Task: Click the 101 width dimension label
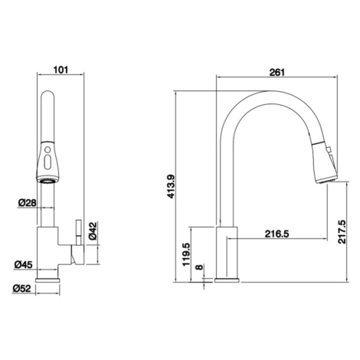[61, 70]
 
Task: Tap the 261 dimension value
[277, 72]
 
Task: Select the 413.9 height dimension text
[171, 186]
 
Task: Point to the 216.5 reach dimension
[277, 234]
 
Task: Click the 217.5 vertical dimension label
[342, 231]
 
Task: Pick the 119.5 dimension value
[187, 254]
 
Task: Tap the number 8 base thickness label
[199, 267]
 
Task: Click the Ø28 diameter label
[28, 203]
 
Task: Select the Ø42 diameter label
[93, 231]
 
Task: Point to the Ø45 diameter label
[24, 264]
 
